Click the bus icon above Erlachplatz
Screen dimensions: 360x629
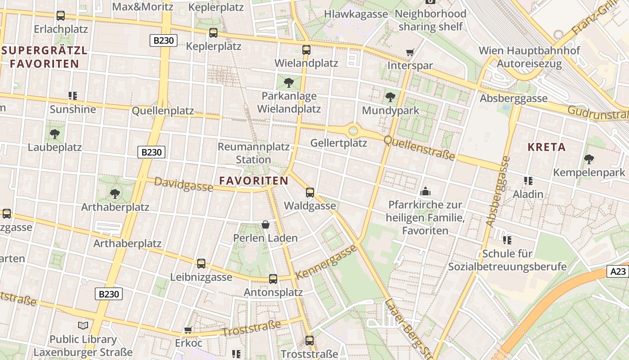pos(61,16)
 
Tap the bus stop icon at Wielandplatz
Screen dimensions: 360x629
pos(306,49)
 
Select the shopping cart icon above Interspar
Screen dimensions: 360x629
pos(410,53)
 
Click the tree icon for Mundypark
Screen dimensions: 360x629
pos(390,97)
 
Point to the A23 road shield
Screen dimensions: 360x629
pos(618,271)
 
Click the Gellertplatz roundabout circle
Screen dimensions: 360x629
pos(353,131)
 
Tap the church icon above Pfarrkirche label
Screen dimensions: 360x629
pos(425,192)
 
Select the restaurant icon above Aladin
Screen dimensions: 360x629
pos(528,181)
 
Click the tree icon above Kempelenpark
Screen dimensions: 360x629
pos(589,159)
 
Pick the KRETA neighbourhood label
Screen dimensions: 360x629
pos(546,147)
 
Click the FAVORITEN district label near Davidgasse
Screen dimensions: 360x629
pos(254,181)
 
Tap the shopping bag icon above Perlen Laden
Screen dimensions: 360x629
pos(266,225)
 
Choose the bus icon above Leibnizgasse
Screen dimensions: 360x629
pos(201,264)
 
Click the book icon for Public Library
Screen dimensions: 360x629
pos(83,325)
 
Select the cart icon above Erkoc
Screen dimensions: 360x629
pos(188,330)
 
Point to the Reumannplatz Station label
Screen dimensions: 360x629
pos(253,153)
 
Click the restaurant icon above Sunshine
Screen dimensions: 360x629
pos(73,95)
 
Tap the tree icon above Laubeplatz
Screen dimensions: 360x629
pos(55,134)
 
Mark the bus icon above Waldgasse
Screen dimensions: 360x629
pos(310,193)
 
